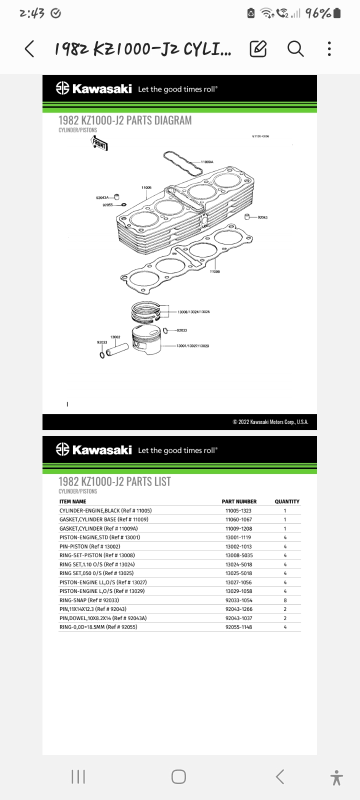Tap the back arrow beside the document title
(29, 49)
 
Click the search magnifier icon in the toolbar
(295, 49)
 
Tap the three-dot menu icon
(329, 49)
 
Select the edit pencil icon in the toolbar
(258, 49)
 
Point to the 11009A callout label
(207, 162)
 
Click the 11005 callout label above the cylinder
(146, 187)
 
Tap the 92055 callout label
(107, 205)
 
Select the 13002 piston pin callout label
(115, 337)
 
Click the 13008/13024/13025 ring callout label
(193, 312)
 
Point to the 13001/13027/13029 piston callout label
(192, 346)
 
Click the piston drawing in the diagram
(149, 341)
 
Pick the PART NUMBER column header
(239, 501)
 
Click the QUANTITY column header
(287, 501)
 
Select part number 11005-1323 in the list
(238, 510)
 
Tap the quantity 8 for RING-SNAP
(285, 600)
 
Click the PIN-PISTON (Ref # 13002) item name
(90, 546)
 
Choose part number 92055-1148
(238, 627)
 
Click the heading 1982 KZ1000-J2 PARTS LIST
(114, 481)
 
